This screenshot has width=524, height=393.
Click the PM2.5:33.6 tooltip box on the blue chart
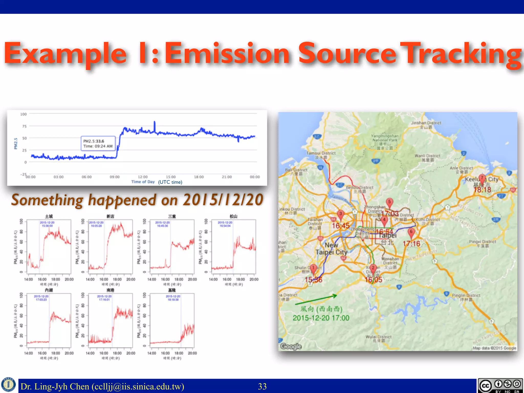pyautogui.click(x=98, y=144)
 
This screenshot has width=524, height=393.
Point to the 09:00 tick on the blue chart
pyautogui.click(x=115, y=177)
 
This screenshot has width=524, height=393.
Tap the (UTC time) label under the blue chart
pyautogui.click(x=170, y=182)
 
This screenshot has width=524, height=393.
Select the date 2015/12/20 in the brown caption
pyautogui.click(x=223, y=200)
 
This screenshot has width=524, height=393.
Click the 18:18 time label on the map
pyautogui.click(x=482, y=190)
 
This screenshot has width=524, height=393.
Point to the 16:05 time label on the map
pyautogui.click(x=373, y=280)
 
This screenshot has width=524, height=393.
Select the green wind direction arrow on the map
pyautogui.click(x=316, y=300)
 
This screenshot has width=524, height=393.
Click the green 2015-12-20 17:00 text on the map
pyautogui.click(x=321, y=318)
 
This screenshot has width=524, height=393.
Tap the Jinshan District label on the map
pyautogui.click(x=426, y=123)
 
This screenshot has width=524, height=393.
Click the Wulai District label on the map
pyautogui.click(x=378, y=337)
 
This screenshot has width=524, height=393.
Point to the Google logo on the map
pyautogui.click(x=291, y=346)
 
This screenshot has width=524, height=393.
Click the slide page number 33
pyautogui.click(x=262, y=386)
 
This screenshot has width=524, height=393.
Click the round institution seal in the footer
pyautogui.click(x=8, y=385)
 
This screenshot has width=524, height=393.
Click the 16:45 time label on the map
pyautogui.click(x=341, y=226)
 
